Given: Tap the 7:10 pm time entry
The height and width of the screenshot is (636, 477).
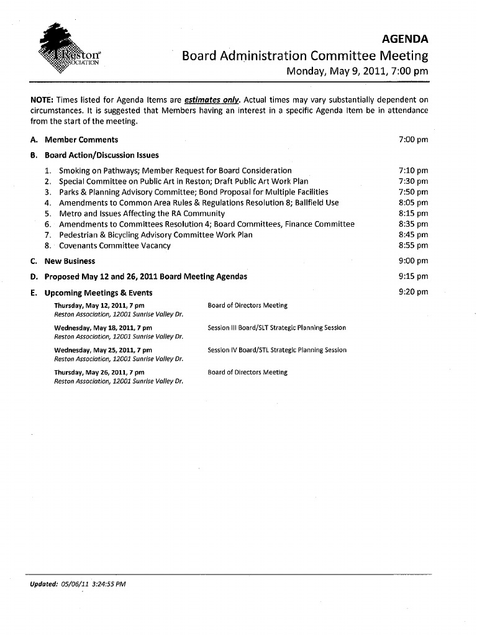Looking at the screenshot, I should click(x=413, y=170).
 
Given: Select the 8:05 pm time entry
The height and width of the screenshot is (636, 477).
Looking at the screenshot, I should click(x=413, y=202).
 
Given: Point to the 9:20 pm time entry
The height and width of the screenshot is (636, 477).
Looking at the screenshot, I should click(x=413, y=292).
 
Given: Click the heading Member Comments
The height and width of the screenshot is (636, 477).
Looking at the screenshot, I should click(x=81, y=140).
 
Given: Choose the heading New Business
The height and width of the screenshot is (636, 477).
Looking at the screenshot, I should click(x=70, y=261).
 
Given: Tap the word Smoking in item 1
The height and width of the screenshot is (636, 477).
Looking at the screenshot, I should click(x=75, y=170).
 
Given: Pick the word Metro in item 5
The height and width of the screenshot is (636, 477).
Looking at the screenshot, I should click(x=70, y=213).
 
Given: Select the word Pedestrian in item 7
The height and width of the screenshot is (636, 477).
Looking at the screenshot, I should click(x=79, y=235).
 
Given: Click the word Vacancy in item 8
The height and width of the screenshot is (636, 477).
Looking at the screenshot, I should click(x=155, y=245).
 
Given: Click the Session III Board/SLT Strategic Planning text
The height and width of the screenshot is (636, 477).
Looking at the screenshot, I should click(x=277, y=327).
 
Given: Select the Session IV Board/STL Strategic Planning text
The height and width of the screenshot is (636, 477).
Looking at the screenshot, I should click(x=277, y=350).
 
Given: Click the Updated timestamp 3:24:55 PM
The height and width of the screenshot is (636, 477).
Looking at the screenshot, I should click(x=110, y=584).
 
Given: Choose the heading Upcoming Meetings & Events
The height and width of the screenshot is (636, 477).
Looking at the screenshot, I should click(x=98, y=293).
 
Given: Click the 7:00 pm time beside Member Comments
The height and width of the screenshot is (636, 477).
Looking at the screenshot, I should click(x=413, y=140).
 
